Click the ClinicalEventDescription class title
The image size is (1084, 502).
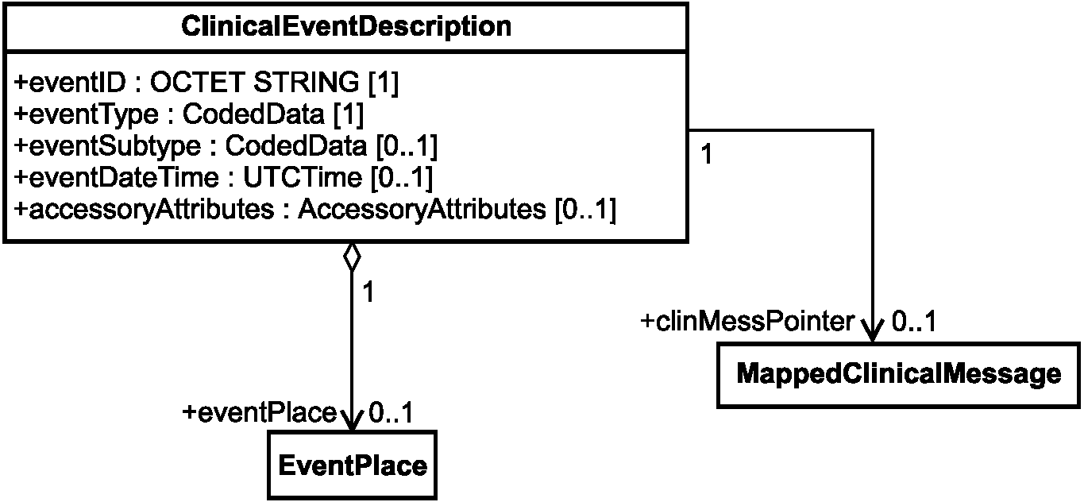[346, 26]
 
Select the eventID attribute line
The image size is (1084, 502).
[206, 83]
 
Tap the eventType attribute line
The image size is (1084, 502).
[189, 114]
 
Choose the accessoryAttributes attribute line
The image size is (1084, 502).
[315, 210]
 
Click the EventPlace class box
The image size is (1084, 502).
[353, 465]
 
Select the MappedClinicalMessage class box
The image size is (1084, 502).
[899, 375]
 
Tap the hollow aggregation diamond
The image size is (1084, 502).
[352, 257]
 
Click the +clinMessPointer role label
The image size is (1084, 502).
[747, 322]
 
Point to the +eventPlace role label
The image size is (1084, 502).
[260, 412]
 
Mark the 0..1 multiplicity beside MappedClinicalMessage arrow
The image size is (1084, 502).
[913, 321]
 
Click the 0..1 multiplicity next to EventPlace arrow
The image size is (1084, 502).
[391, 412]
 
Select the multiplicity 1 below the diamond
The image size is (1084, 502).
[368, 292]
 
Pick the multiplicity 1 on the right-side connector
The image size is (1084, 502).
[707, 154]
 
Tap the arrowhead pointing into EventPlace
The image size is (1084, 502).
[352, 420]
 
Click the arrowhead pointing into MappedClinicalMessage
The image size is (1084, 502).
[873, 331]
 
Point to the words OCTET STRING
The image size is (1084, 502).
[255, 82]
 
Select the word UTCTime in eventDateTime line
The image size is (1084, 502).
[303, 177]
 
